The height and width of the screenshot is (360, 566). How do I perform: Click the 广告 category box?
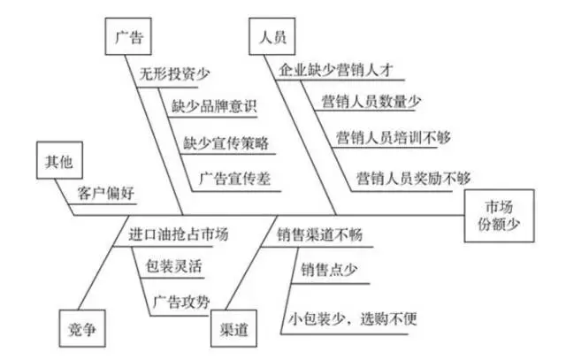point(129,38)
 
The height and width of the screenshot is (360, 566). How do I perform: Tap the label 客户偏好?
point(107,193)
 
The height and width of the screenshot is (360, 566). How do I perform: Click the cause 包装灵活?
point(174,264)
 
